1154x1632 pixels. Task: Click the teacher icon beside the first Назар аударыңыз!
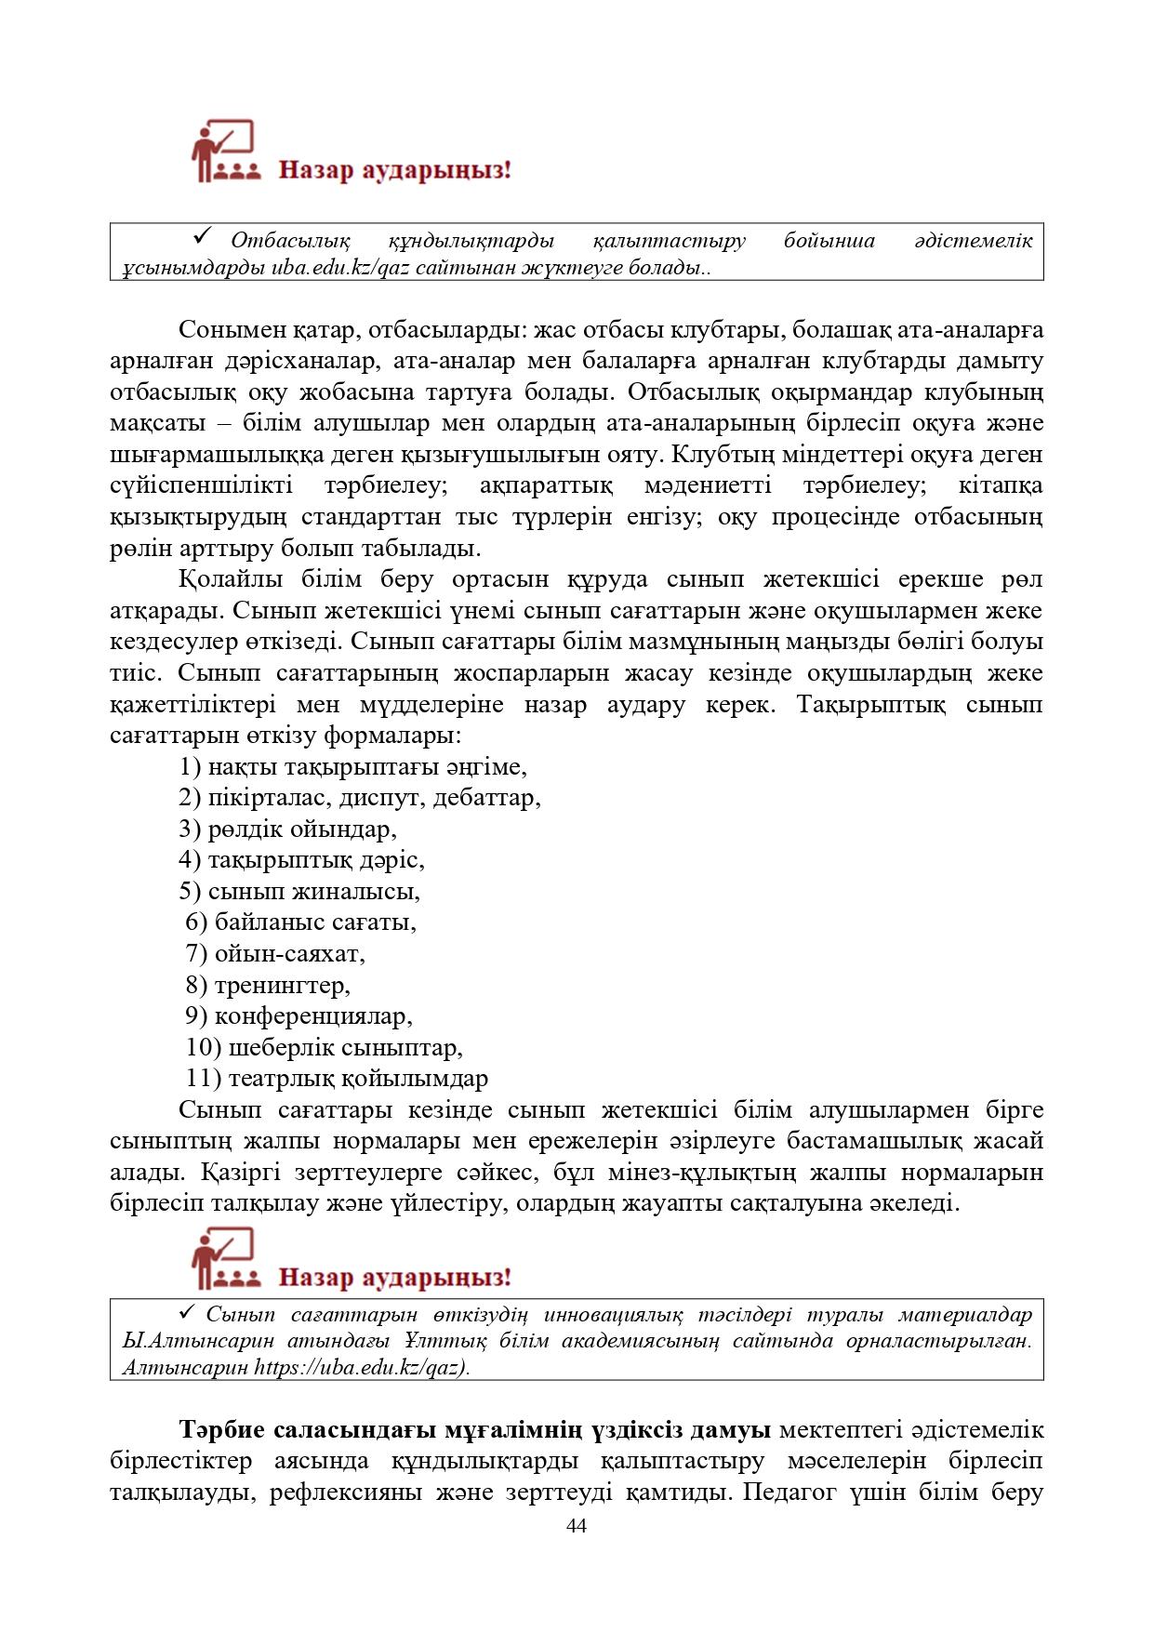pyautogui.click(x=224, y=151)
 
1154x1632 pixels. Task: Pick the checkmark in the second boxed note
pyautogui.click(x=185, y=1312)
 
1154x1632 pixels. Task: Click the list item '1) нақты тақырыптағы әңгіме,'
pyautogui.click(x=353, y=767)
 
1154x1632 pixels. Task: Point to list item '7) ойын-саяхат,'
pyautogui.click(x=275, y=954)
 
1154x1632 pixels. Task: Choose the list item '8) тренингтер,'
pyautogui.click(x=268, y=985)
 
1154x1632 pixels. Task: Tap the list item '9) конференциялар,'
pyautogui.click(x=298, y=1016)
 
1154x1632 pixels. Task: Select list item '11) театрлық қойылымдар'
pyautogui.click(x=337, y=1079)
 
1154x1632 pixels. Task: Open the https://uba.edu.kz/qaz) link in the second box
pyautogui.click(x=362, y=1368)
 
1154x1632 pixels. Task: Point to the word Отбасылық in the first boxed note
pyautogui.click(x=290, y=241)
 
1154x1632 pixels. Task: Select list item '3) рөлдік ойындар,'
pyautogui.click(x=288, y=829)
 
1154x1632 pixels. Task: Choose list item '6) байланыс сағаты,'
pyautogui.click(x=301, y=922)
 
